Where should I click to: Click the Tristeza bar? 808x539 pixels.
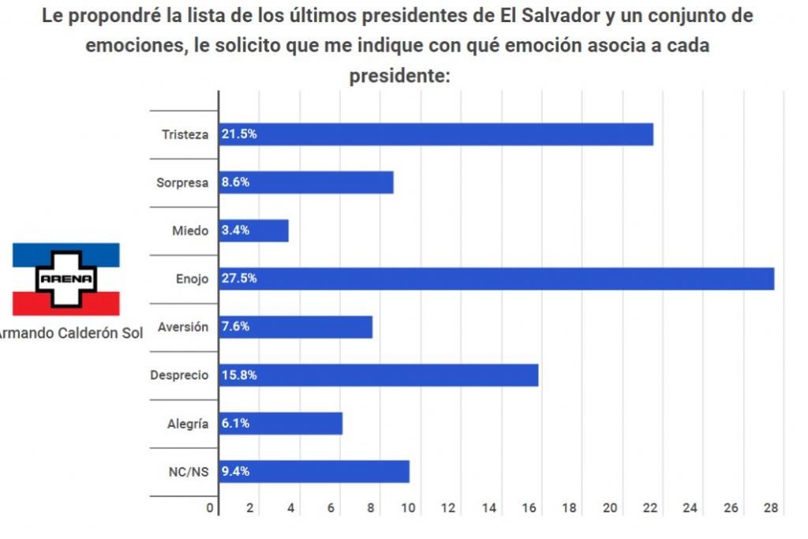(436, 134)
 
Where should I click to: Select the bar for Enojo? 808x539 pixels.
(496, 279)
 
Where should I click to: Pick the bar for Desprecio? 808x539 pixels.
(379, 375)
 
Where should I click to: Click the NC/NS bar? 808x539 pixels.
(314, 471)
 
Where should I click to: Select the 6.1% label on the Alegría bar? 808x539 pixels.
(236, 423)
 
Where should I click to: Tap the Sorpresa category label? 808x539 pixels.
(182, 182)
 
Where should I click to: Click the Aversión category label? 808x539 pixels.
(183, 327)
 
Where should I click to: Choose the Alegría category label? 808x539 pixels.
(187, 424)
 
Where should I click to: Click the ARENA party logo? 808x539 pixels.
(66, 279)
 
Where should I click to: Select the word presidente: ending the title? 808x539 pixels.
(399, 76)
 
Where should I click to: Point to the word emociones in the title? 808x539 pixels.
(133, 46)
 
